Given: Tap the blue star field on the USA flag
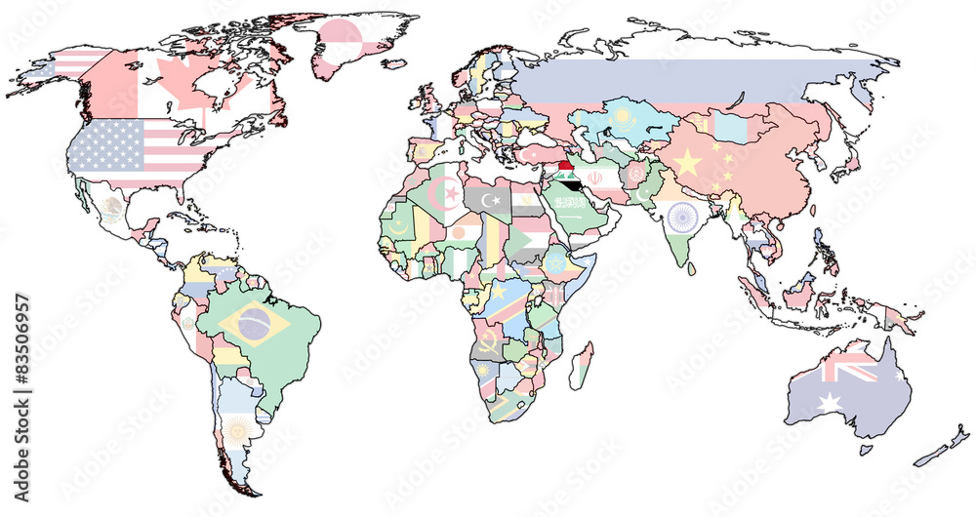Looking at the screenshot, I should [x=107, y=142].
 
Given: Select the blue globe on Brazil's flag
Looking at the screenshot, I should [x=255, y=326].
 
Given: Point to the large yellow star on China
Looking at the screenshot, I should [x=688, y=162].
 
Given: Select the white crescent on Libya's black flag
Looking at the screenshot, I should [x=497, y=200].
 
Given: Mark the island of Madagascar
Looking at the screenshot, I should [x=582, y=365].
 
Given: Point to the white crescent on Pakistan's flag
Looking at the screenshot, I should [x=643, y=194].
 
